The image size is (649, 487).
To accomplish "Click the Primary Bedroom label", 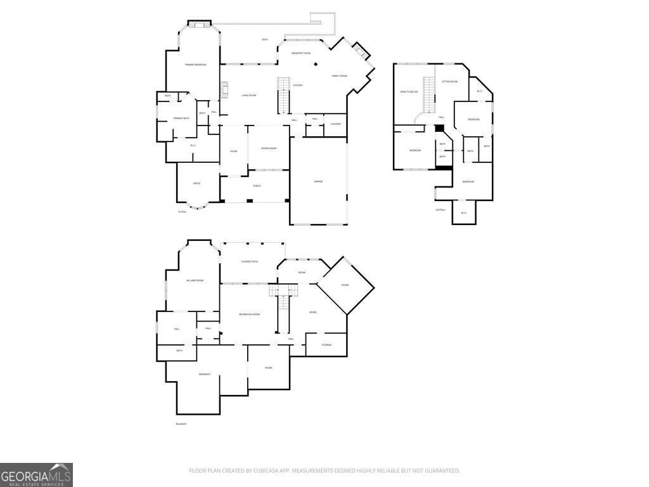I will coord(196,65).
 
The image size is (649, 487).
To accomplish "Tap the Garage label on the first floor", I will coord(318,181).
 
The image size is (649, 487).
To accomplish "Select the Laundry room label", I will coord(336,124).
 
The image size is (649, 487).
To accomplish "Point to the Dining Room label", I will coord(269,148).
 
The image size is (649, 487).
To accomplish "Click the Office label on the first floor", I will coord(196,183).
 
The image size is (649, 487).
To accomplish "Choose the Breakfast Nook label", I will coord(301,53).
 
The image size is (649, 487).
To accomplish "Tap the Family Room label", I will coord(340,76).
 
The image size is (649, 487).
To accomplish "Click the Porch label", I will coord(257,186).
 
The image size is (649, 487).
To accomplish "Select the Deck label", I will coord(265,39).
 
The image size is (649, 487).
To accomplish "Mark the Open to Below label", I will coord(409,92).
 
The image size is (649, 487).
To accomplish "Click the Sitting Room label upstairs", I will coord(449,82).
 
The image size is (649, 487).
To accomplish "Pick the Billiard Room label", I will coord(195,280).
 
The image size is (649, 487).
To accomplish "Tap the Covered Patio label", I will coord(250,261).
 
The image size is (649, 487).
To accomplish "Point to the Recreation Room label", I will coord(249,315).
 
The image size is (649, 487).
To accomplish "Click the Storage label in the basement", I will coord(326,345).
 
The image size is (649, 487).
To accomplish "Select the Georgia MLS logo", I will coord(36,475).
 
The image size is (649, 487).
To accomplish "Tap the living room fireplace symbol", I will coord(223,90).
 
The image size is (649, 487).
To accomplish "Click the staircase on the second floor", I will coord(429,94).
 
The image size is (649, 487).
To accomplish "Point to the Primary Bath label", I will coord(181,119).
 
